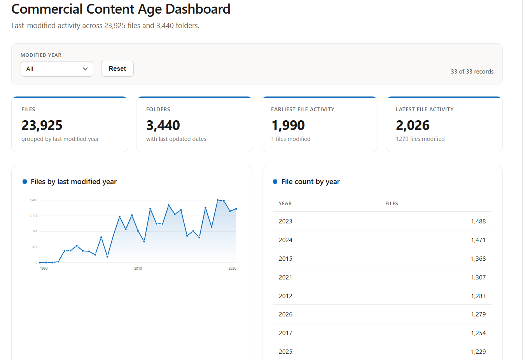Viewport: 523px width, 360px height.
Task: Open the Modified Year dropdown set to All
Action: click(57, 69)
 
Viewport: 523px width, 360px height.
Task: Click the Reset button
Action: click(117, 68)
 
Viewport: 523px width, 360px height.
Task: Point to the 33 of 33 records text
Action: click(472, 72)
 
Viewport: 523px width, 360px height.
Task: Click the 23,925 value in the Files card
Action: click(42, 125)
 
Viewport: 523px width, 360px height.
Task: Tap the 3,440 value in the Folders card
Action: click(163, 125)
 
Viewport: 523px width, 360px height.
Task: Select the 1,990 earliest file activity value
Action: click(288, 125)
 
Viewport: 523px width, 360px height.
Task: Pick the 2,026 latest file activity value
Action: click(413, 125)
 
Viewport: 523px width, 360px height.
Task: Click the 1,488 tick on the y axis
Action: click(33, 200)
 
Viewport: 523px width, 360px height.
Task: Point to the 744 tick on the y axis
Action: click(35, 231)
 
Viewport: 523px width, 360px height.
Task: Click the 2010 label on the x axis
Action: click(138, 269)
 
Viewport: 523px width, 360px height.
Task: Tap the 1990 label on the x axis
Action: click(44, 269)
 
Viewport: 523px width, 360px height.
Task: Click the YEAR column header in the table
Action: click(285, 204)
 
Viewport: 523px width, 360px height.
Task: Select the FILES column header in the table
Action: click(392, 204)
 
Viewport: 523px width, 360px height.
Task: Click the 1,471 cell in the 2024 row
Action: click(478, 240)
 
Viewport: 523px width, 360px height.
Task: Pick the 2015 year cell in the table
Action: click(285, 258)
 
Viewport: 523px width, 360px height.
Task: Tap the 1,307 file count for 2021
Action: click(478, 277)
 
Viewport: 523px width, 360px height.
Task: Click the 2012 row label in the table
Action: click(285, 296)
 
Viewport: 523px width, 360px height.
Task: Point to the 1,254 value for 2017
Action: click(478, 333)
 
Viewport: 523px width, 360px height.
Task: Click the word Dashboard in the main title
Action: click(198, 9)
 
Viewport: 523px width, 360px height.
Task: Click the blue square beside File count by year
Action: click(275, 181)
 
